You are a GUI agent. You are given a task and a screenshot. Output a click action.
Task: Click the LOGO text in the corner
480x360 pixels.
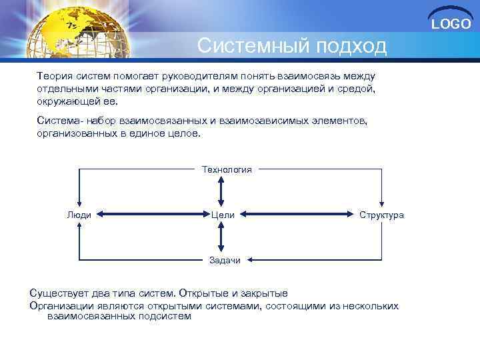coord(451,24)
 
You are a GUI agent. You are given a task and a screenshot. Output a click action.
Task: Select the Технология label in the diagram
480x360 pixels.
coord(227,169)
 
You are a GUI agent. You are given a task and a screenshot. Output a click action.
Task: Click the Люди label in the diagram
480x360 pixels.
coord(79,215)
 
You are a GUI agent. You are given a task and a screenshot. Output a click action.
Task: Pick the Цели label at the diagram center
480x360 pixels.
coord(222,215)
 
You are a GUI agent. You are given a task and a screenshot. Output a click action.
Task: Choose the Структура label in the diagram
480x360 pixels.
coord(381,215)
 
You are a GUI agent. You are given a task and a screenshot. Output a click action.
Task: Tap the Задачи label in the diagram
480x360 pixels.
coord(225,260)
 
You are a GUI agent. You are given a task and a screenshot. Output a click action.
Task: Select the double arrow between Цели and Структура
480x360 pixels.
coord(297,215)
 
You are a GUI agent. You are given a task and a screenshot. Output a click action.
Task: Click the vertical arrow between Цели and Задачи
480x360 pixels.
coord(222,237)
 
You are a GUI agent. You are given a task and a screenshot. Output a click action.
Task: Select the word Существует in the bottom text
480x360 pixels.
coord(59,293)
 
